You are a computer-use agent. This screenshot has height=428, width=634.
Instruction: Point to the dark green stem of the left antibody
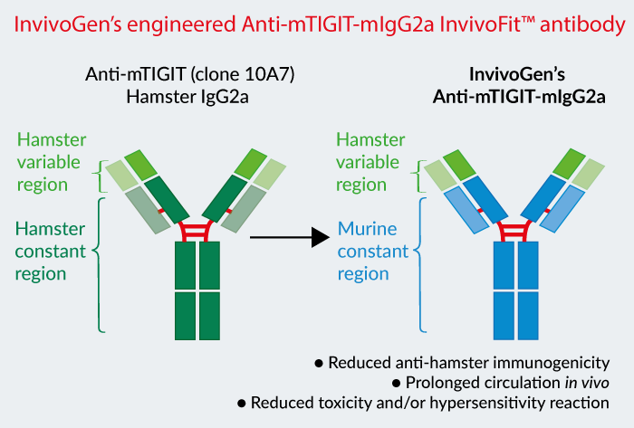click(198, 290)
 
